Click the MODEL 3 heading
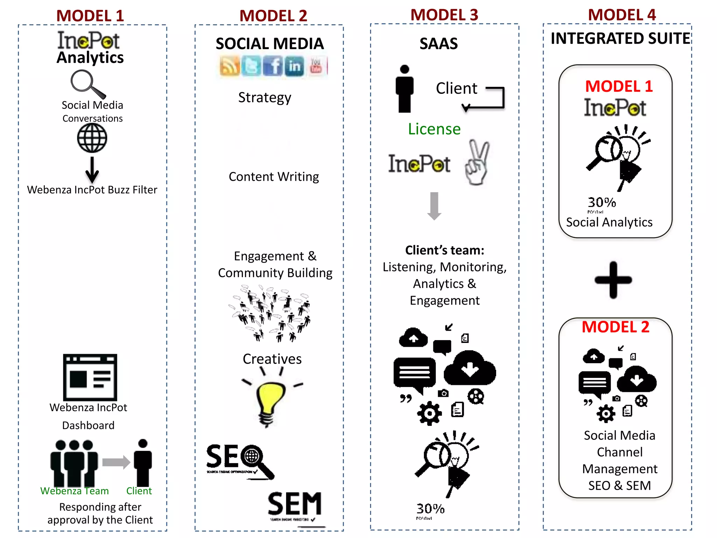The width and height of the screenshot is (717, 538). click(x=444, y=15)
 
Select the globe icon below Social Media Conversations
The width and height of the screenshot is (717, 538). click(x=92, y=138)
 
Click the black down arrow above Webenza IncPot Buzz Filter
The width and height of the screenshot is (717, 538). click(x=92, y=170)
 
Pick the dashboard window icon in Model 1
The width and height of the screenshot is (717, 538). click(x=90, y=377)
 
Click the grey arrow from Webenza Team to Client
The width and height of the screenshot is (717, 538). click(x=116, y=462)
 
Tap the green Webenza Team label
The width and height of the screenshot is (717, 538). click(x=75, y=491)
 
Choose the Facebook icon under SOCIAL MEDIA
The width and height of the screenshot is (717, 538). click(x=272, y=66)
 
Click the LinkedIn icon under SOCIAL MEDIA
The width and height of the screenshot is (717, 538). click(x=294, y=66)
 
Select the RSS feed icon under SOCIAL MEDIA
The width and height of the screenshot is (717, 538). click(x=230, y=66)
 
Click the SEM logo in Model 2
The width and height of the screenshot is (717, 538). click(x=295, y=504)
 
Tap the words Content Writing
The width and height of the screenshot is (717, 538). click(x=274, y=177)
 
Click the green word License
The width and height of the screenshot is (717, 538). click(x=434, y=129)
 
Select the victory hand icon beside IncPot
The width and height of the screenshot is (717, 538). click(x=477, y=163)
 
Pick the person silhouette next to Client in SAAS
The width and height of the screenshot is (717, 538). click(x=404, y=89)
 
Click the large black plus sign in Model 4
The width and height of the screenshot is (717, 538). click(x=613, y=280)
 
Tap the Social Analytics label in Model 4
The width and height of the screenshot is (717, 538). click(x=609, y=222)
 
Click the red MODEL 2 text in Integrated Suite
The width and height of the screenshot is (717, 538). click(x=615, y=327)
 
